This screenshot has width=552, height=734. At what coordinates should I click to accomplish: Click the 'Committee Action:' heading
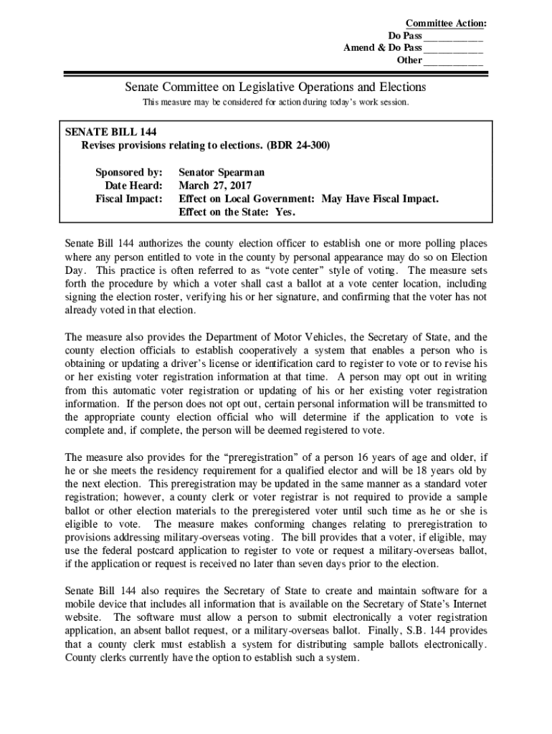click(446, 24)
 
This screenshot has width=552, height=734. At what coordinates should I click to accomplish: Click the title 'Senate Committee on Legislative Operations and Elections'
click(275, 87)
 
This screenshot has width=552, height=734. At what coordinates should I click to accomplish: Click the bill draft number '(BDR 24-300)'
click(298, 145)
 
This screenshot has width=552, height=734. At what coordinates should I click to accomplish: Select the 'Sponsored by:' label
click(129, 173)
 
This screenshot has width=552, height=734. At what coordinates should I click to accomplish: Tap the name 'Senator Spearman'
click(222, 173)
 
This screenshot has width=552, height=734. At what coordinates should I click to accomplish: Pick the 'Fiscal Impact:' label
click(129, 199)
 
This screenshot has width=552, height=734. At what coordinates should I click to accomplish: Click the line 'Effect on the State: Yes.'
click(237, 212)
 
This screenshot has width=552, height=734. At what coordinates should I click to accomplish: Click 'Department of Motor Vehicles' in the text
click(265, 337)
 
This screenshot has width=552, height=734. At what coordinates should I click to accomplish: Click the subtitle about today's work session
click(275, 103)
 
